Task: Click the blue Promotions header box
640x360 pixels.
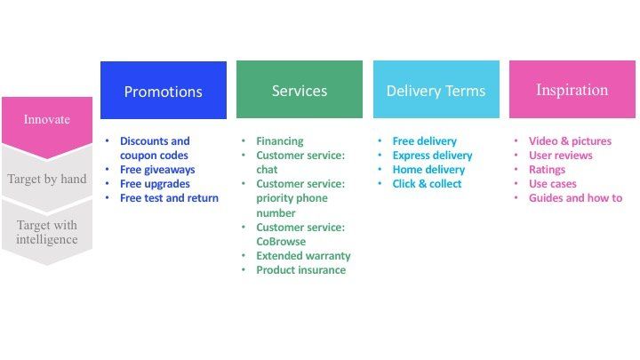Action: click(x=163, y=91)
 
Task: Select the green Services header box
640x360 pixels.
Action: click(x=299, y=90)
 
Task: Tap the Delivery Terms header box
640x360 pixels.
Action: click(x=436, y=90)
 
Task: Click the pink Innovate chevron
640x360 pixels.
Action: click(x=46, y=121)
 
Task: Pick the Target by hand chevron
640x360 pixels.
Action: click(x=46, y=178)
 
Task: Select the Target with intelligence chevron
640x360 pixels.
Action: click(x=46, y=232)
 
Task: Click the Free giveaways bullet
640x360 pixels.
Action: click(x=157, y=170)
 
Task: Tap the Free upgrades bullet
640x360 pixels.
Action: click(x=156, y=184)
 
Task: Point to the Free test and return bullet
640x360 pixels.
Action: click(x=169, y=198)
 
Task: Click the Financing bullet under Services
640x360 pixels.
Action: click(x=279, y=141)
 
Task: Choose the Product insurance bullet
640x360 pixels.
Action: click(x=300, y=270)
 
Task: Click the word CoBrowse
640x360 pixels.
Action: click(x=281, y=242)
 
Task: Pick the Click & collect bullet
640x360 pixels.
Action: click(x=427, y=184)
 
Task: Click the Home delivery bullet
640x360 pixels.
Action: click(x=428, y=170)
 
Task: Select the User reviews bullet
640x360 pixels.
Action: click(x=560, y=156)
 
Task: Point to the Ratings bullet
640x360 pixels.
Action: click(x=547, y=170)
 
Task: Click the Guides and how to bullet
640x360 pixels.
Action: click(x=575, y=198)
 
